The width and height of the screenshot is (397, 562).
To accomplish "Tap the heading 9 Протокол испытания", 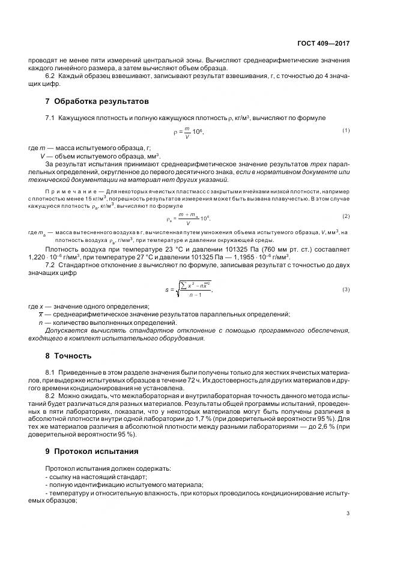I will point(91,451).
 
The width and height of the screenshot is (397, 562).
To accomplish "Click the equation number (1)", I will point(346,130).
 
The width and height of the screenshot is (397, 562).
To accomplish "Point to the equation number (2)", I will point(346,216).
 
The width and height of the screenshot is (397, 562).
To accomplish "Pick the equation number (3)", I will point(346,290).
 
